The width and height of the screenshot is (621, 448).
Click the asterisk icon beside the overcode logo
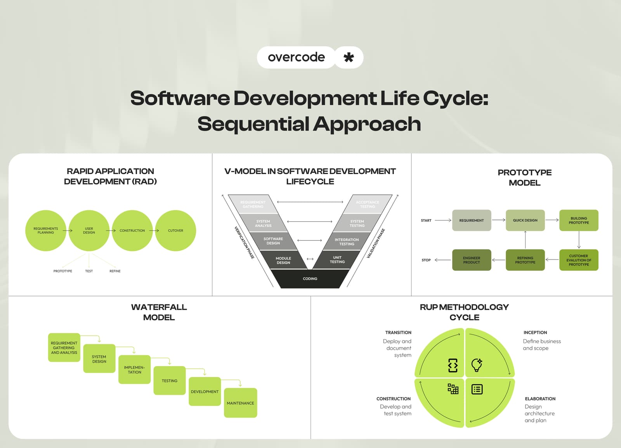click(x=349, y=58)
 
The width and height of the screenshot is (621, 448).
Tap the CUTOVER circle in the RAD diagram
click(x=175, y=230)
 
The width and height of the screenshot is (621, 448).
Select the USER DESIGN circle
click(x=89, y=230)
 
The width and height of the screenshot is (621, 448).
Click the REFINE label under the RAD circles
click(x=115, y=271)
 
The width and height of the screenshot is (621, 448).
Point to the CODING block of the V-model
click(x=310, y=279)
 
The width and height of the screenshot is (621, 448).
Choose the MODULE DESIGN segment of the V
click(x=283, y=260)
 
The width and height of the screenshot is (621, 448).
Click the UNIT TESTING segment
click(x=337, y=260)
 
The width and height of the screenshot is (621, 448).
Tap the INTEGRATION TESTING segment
click(x=347, y=242)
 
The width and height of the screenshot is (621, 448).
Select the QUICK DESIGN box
click(x=525, y=220)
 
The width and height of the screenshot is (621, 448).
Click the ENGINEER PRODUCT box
click(x=472, y=260)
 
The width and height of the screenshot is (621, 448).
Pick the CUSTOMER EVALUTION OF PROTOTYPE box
click(x=579, y=260)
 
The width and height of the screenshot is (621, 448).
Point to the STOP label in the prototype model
click(x=426, y=260)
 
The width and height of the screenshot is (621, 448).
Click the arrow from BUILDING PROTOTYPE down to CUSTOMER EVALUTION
click(x=579, y=240)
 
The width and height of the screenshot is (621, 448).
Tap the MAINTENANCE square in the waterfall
click(x=240, y=403)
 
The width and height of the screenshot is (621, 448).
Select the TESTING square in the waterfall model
click(x=170, y=381)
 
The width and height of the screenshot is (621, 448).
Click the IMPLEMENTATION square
click(x=134, y=370)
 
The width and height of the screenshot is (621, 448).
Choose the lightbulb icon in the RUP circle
click(x=477, y=365)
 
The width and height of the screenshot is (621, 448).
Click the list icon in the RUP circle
click(x=477, y=389)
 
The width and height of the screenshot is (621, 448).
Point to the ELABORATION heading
click(x=540, y=399)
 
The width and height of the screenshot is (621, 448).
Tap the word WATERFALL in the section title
click(x=159, y=307)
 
